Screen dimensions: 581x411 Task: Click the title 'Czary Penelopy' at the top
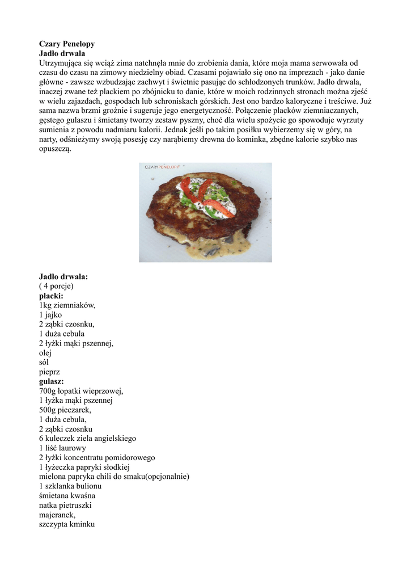tap(66, 44)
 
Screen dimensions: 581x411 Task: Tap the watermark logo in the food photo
tap(162, 167)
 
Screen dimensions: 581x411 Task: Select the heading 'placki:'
tap(51, 296)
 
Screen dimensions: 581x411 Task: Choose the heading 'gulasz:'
tap(52, 382)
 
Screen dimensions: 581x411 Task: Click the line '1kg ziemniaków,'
tap(67, 305)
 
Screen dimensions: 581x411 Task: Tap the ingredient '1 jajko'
tap(50, 315)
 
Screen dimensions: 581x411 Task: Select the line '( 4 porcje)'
tap(56, 287)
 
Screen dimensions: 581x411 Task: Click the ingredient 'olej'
tap(45, 353)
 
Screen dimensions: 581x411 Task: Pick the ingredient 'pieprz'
tap(49, 372)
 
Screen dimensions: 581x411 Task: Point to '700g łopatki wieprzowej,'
tap(81, 391)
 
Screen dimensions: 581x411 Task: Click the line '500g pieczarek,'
tap(65, 410)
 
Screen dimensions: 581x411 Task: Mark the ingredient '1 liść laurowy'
tap(62, 448)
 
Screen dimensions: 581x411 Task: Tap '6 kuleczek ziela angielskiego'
tap(87, 439)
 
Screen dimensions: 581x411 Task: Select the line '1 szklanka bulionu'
tap(70, 486)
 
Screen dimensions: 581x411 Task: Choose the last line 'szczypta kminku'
tap(67, 525)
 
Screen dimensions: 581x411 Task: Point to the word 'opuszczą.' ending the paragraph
tap(56, 149)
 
